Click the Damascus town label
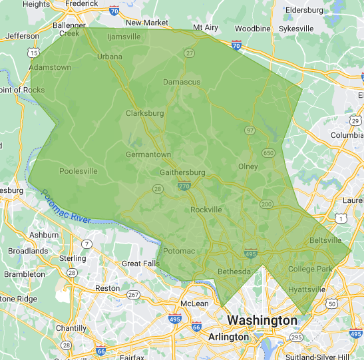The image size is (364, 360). pos(182,81)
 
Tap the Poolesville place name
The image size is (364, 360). pos(78,171)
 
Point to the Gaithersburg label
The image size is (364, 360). pos(183,172)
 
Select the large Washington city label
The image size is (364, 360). pos(262,320)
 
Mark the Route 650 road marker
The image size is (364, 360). pos(268,153)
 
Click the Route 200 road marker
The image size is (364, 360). pos(266,204)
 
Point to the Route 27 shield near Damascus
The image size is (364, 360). pos(190,53)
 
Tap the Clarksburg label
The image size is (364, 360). pos(144,113)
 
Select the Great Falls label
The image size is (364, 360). pos(141,264)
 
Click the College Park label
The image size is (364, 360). pos(309,269)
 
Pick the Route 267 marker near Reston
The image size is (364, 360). pos(133,295)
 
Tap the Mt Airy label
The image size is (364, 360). pos(206,27)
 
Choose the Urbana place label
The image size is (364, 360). pos(110,57)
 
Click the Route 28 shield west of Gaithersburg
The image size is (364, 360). pos(158,189)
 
